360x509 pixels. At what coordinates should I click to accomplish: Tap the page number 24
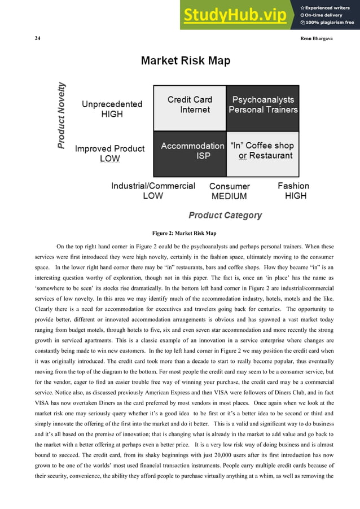tap(37, 38)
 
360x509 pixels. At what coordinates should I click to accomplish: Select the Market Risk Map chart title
tap(185, 61)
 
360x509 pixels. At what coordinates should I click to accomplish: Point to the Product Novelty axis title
tap(62, 116)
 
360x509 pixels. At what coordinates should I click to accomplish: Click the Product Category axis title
tap(225, 215)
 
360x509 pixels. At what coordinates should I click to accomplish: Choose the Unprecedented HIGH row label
tap(112, 109)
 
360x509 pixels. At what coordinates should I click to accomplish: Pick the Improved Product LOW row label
tap(109, 153)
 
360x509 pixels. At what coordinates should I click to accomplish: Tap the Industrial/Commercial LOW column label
tap(153, 191)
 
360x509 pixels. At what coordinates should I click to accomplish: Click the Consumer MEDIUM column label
tap(229, 191)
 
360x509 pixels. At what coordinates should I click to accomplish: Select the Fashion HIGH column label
tap(294, 191)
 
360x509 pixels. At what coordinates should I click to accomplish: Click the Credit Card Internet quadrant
tap(190, 108)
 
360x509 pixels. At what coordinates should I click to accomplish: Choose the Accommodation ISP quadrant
tap(190, 153)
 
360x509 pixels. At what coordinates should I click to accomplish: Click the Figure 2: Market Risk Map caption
tap(184, 233)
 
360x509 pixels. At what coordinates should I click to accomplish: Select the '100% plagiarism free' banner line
tap(327, 23)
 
